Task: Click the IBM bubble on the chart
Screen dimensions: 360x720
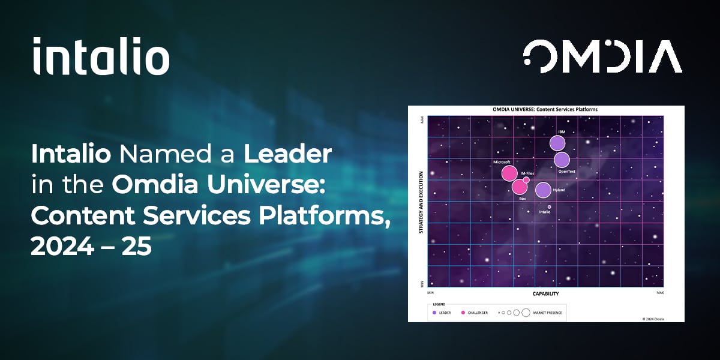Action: pyautogui.click(x=557, y=143)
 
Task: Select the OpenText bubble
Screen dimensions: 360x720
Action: pyautogui.click(x=562, y=160)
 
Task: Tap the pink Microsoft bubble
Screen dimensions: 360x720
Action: pyautogui.click(x=509, y=173)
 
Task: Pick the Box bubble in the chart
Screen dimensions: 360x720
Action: pyautogui.click(x=520, y=187)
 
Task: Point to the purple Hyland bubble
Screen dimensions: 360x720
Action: pyautogui.click(x=543, y=190)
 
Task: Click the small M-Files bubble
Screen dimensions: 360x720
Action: pyautogui.click(x=526, y=179)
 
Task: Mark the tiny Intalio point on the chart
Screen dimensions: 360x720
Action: pyautogui.click(x=549, y=206)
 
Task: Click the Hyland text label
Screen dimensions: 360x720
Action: pyautogui.click(x=559, y=190)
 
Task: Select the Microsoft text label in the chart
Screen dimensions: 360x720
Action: pyautogui.click(x=502, y=162)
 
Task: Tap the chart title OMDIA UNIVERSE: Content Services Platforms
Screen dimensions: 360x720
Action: pyautogui.click(x=545, y=110)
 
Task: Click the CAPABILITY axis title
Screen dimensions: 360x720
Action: pyautogui.click(x=545, y=293)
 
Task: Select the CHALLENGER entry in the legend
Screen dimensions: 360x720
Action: pyautogui.click(x=477, y=313)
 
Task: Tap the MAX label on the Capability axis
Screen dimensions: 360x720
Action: pyautogui.click(x=660, y=292)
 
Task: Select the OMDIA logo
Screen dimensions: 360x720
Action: pyautogui.click(x=602, y=56)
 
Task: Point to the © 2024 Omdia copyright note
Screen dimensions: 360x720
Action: pyautogui.click(x=653, y=319)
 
